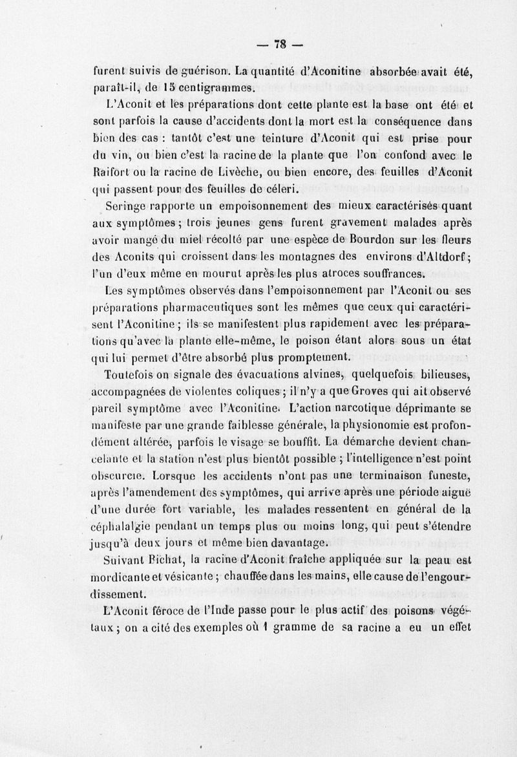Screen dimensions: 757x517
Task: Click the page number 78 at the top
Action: [280, 45]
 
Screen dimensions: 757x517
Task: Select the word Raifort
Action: [111, 173]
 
